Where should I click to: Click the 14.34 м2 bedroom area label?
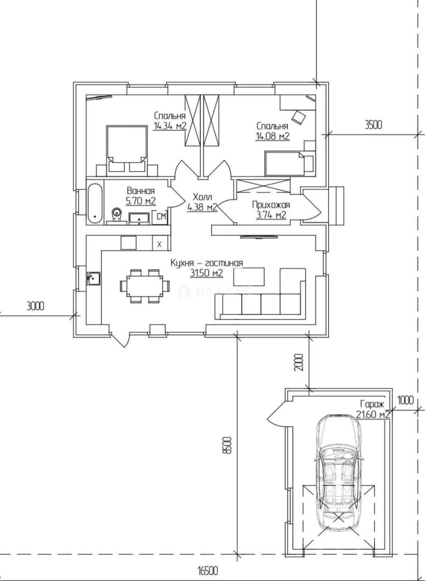tap(170, 126)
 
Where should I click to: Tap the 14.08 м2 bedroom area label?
tap(272, 136)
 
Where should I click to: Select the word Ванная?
tap(141, 191)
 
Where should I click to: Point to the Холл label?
tap(202, 197)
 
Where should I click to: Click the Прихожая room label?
tap(271, 205)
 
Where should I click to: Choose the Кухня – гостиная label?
tap(207, 263)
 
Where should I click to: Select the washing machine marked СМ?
tap(161, 217)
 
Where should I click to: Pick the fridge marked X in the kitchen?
tap(160, 244)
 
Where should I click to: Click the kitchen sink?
tap(94, 278)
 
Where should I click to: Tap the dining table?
tap(145, 286)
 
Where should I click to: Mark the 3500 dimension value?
tap(373, 125)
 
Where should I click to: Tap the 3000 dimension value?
tap(35, 306)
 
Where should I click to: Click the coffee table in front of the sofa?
tap(250, 277)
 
